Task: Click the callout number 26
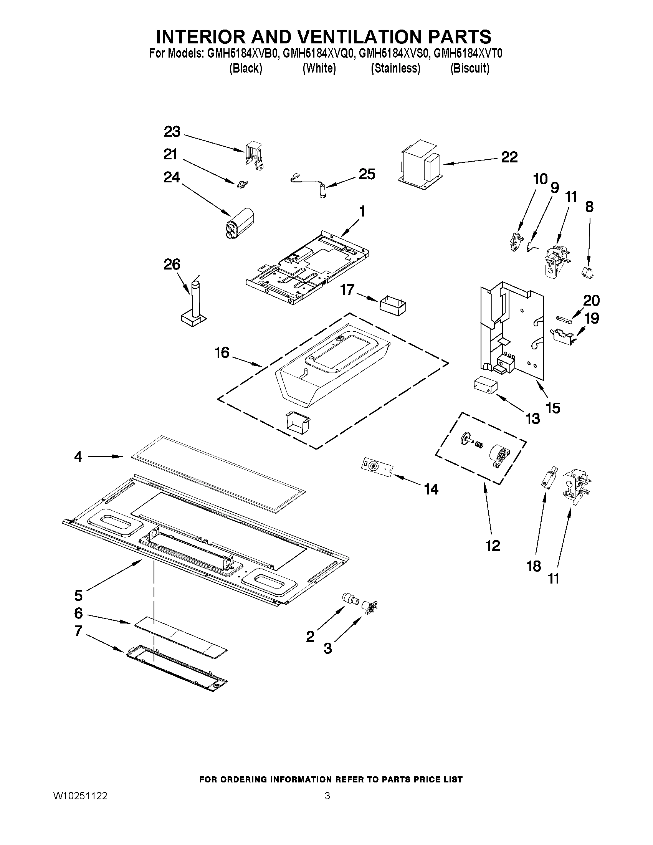172,265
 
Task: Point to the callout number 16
222,352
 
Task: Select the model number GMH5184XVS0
394,53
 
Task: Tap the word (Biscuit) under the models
469,68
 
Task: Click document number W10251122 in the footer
80,796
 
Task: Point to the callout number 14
431,489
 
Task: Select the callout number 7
79,631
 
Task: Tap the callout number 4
78,457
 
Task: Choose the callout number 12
493,546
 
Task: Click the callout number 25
367,175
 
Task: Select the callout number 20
591,301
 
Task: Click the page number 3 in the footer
327,796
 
